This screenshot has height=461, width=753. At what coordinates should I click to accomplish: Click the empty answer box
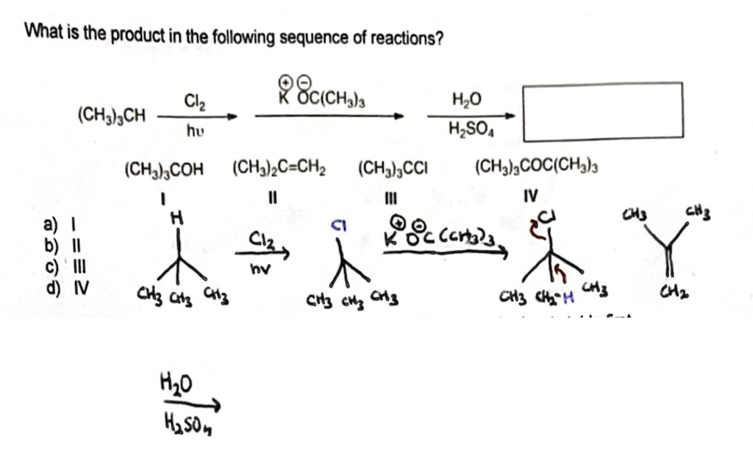point(602,112)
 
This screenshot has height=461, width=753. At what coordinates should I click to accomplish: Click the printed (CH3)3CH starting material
point(112,116)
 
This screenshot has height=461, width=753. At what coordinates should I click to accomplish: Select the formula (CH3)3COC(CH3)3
point(537,171)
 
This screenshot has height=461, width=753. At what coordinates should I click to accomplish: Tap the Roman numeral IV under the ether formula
point(531,196)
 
